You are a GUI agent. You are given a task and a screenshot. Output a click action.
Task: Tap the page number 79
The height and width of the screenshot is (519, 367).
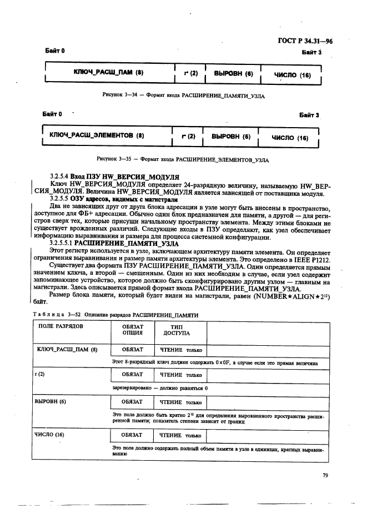[325, 475]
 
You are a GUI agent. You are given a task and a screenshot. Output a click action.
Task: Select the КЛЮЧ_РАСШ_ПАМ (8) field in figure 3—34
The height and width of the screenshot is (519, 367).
[109, 73]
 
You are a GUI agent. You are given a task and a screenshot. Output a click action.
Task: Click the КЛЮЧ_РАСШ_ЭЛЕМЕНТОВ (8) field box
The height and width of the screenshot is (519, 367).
[97, 135]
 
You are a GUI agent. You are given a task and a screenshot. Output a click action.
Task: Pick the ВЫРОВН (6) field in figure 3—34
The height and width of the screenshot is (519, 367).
[233, 73]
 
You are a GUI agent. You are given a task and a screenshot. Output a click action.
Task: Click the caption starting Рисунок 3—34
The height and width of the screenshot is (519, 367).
[183, 95]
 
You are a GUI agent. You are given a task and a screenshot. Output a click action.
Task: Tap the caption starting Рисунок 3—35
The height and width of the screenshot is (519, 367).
[183, 159]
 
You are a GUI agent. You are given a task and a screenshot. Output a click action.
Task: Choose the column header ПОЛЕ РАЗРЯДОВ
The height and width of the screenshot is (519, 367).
[61, 327]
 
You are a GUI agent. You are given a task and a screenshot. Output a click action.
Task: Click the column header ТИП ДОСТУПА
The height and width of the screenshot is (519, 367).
[177, 330]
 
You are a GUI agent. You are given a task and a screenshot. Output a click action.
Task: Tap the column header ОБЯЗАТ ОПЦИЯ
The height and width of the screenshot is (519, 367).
[133, 330]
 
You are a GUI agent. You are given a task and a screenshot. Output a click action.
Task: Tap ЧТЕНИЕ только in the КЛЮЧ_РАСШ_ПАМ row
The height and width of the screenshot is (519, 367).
[180, 351]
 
